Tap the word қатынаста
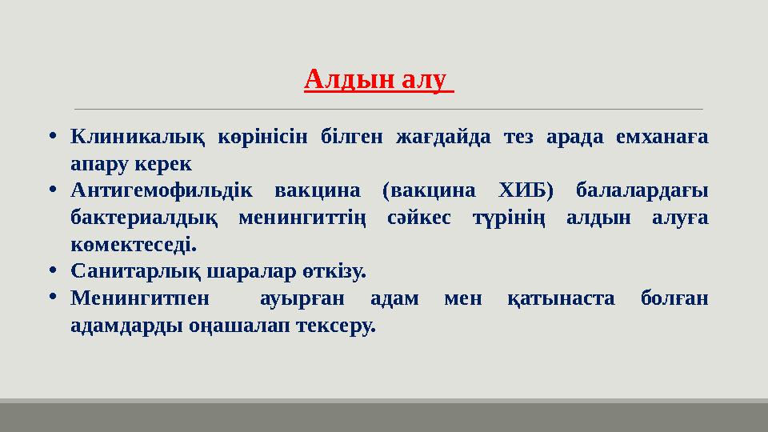click(561, 299)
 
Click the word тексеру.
click(336, 326)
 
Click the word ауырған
click(302, 299)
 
